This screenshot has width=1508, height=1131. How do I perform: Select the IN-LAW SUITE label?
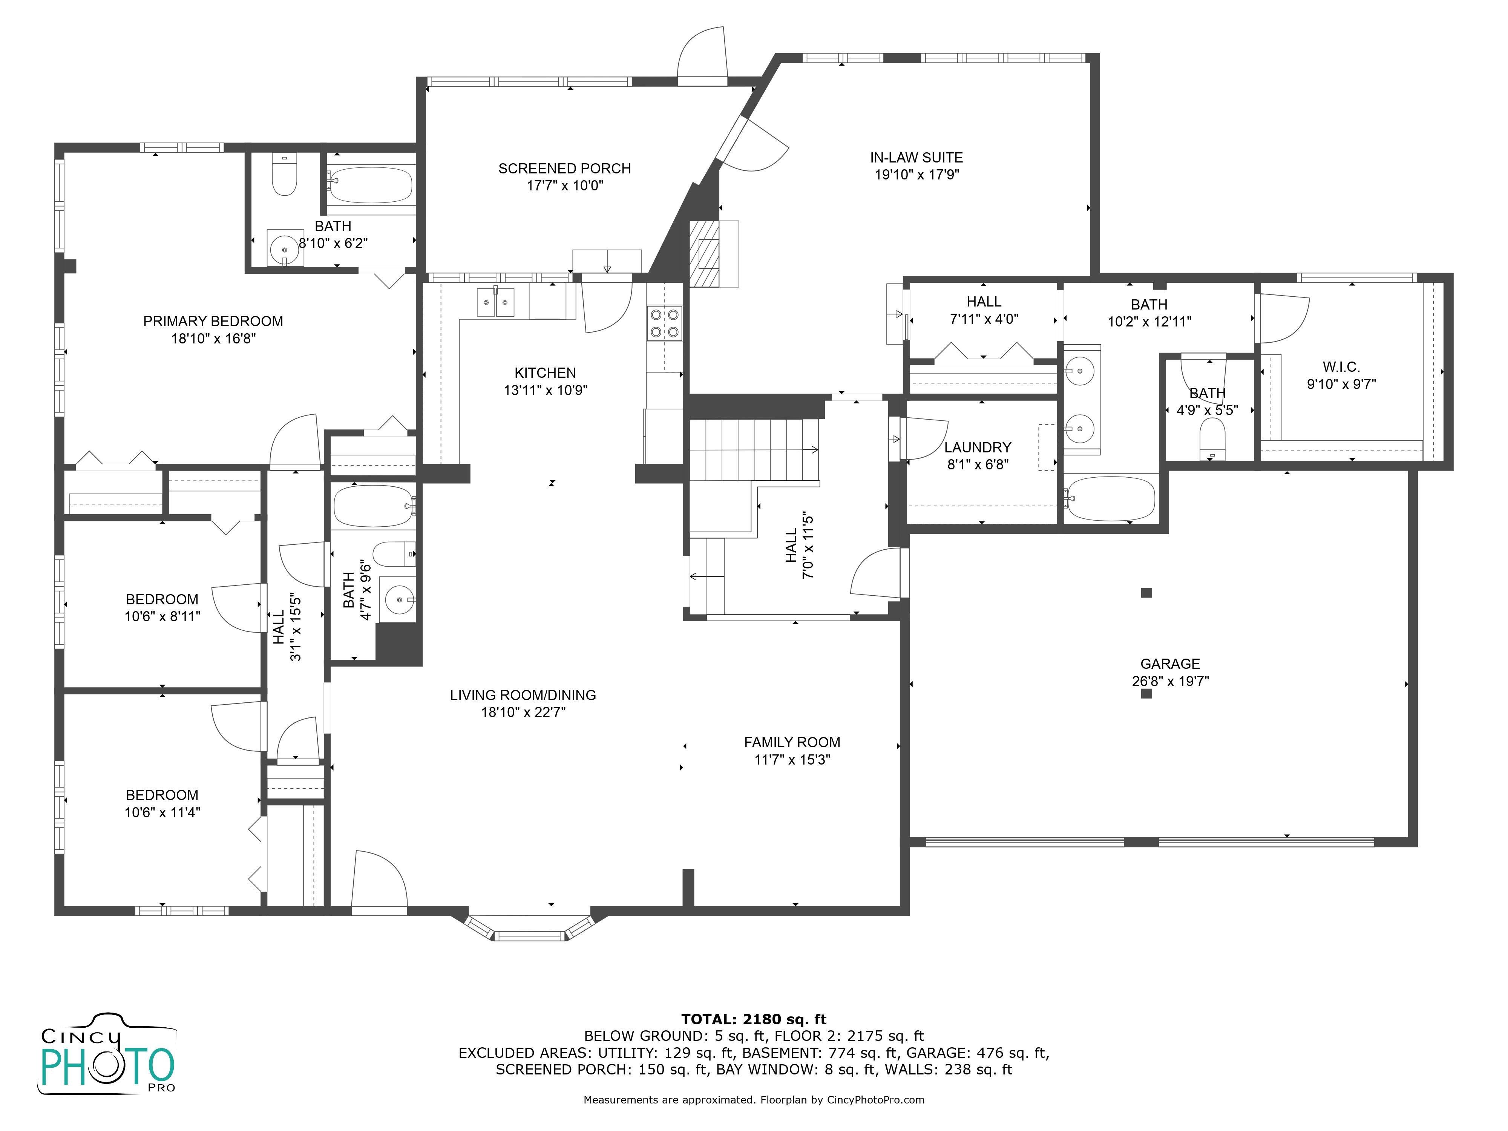916,158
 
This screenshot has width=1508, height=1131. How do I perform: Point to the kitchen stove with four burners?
665,323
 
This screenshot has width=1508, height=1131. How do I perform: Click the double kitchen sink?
496,302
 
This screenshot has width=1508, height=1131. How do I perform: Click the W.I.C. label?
1341,367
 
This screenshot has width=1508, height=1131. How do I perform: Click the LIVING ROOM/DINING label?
523,695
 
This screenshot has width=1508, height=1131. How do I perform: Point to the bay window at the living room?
529,929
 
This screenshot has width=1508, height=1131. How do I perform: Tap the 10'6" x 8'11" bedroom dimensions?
162,616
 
